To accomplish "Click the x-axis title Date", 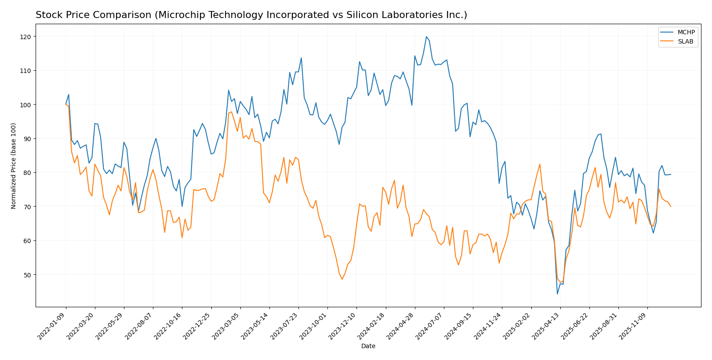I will click(368, 346).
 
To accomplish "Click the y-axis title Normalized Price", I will click(14, 166).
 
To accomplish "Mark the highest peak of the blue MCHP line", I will click(426, 36).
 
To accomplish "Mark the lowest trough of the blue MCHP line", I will click(557, 294).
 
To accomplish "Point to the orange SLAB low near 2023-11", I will click(342, 279).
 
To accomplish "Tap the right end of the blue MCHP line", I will click(671, 175).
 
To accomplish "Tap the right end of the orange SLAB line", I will click(671, 207).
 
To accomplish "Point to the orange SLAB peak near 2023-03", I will click(232, 112).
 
